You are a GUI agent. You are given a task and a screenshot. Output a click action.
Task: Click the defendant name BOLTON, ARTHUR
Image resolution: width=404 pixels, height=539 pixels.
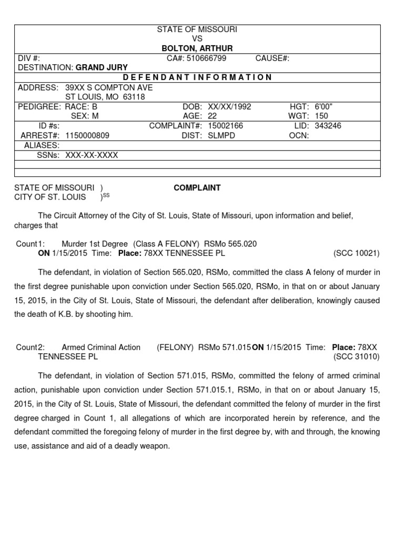[197, 48]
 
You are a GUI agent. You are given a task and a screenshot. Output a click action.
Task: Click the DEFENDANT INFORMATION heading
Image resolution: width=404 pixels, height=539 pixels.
[197, 77]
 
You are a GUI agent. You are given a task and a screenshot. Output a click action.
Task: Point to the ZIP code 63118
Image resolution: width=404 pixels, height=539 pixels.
[135, 97]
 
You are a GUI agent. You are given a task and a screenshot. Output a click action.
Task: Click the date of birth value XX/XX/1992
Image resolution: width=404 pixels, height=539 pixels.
[229, 107]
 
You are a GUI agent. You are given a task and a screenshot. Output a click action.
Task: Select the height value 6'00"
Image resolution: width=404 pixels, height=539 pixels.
[324, 107]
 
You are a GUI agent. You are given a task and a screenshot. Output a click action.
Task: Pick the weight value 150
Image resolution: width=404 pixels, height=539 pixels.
[321, 116]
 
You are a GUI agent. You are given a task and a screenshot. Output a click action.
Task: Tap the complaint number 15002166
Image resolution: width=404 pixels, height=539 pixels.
[226, 126]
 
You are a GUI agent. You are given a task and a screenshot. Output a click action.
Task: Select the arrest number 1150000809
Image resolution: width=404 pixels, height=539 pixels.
[87, 135]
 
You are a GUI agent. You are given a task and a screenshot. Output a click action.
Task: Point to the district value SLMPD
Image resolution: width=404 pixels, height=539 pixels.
[221, 135]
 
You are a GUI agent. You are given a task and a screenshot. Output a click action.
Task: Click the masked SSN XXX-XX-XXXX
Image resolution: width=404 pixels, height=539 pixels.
[92, 155]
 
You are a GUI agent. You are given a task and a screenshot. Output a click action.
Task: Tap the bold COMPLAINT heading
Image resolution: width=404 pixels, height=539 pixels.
[197, 188]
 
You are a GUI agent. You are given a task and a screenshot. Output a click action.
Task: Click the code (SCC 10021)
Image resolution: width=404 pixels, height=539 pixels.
[356, 253]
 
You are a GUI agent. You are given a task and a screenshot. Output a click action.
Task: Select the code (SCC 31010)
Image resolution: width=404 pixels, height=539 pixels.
[356, 356]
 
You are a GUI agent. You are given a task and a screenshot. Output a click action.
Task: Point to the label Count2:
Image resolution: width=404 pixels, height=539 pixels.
[31, 347]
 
